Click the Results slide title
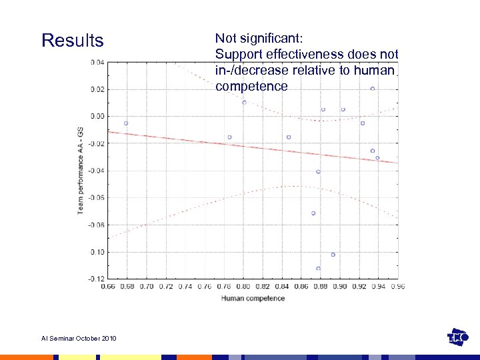[x=72, y=41]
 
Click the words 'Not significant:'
[x=259, y=38]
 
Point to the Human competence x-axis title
[x=253, y=298]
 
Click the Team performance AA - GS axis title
[x=80, y=171]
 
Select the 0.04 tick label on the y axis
[x=97, y=62]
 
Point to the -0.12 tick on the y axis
[x=97, y=279]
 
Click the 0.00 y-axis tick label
[x=97, y=116]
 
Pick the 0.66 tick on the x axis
[x=107, y=286]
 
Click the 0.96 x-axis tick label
[x=397, y=286]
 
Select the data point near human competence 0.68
[x=125, y=123]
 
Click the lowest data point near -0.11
[x=318, y=268]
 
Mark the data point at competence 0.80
[x=244, y=102]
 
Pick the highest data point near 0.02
[x=373, y=89]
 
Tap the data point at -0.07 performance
[x=313, y=213]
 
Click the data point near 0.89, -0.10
[x=333, y=255]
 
